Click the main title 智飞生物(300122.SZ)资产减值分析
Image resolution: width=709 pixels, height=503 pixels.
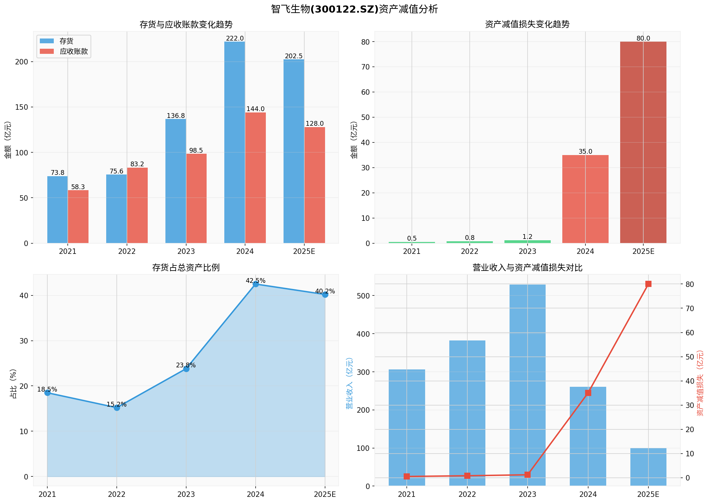pos(354,9)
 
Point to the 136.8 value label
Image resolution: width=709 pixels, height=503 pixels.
pos(176,116)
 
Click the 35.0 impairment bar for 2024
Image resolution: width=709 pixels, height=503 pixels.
pos(585,199)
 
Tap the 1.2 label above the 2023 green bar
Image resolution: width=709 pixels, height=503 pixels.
pos(527,237)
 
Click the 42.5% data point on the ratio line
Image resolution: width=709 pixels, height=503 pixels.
pos(256,284)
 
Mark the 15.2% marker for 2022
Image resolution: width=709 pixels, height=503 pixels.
pos(117,408)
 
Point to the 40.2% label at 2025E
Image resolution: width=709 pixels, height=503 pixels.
pos(325,291)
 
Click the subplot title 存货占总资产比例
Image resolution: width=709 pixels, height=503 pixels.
pos(186,268)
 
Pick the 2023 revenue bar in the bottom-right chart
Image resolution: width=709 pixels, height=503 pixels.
pos(527,385)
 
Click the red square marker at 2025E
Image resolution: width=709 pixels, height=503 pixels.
pos(648,284)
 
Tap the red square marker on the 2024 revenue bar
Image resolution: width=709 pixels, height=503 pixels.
pos(588,393)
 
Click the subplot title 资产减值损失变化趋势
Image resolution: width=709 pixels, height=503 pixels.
pos(527,24)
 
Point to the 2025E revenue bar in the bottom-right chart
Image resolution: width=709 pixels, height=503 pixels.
pos(648,467)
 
